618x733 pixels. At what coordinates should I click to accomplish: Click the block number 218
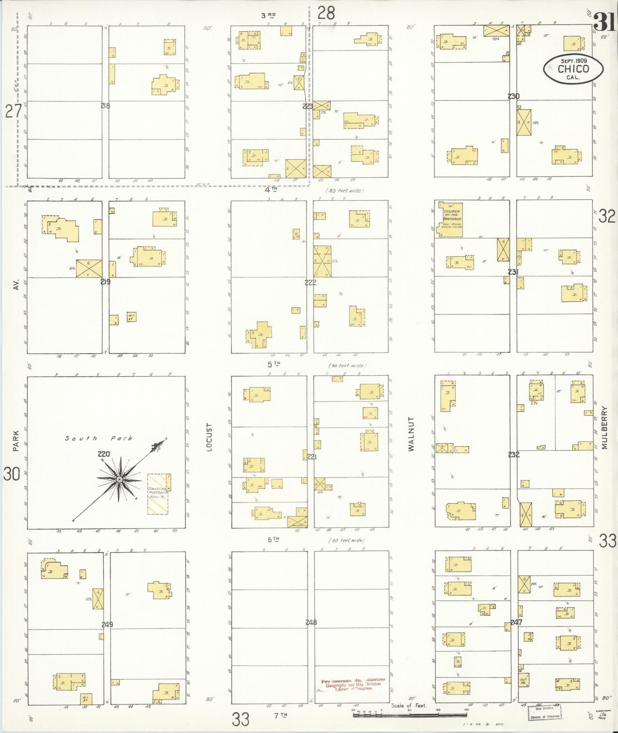[105, 106]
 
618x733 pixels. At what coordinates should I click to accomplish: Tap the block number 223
[308, 106]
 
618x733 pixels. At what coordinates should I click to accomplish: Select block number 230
[513, 96]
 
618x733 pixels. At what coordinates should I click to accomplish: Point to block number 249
[107, 624]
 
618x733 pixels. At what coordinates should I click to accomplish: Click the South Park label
[99, 438]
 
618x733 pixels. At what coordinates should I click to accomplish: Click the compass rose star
[119, 480]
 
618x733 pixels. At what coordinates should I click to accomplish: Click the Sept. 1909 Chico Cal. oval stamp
[573, 68]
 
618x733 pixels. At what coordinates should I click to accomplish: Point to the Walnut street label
[411, 434]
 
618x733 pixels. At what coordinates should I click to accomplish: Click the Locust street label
[209, 437]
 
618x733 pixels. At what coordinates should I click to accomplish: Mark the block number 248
[311, 622]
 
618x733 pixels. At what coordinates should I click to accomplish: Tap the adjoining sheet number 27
[13, 112]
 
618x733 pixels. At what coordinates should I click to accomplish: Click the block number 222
[310, 282]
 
